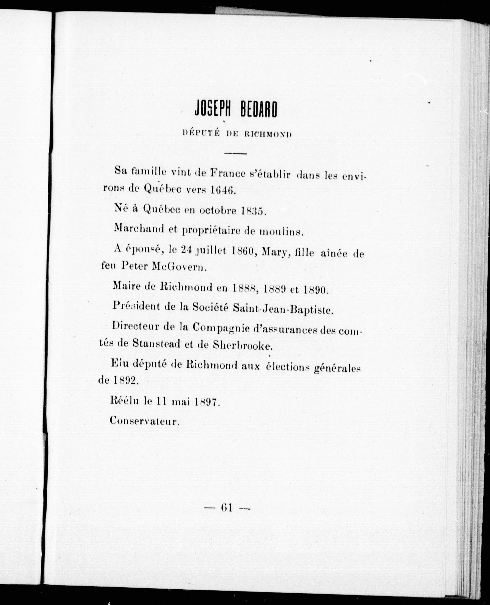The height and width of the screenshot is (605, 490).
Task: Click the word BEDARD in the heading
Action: [x=258, y=109]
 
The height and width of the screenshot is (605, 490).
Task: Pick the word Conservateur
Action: [x=144, y=421]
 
